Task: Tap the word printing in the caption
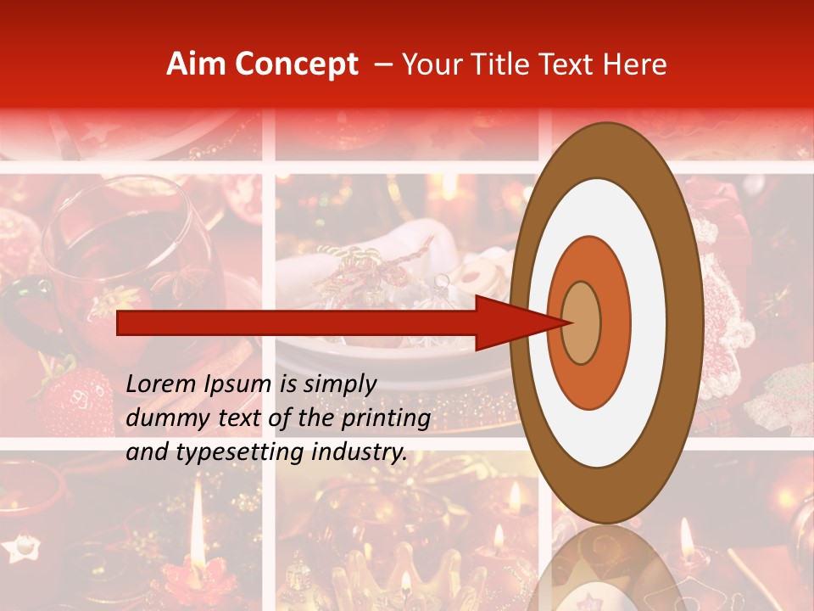click(387, 419)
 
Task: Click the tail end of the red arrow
click(120, 322)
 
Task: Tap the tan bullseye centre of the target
click(581, 322)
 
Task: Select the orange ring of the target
click(615, 322)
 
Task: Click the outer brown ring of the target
click(689, 322)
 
